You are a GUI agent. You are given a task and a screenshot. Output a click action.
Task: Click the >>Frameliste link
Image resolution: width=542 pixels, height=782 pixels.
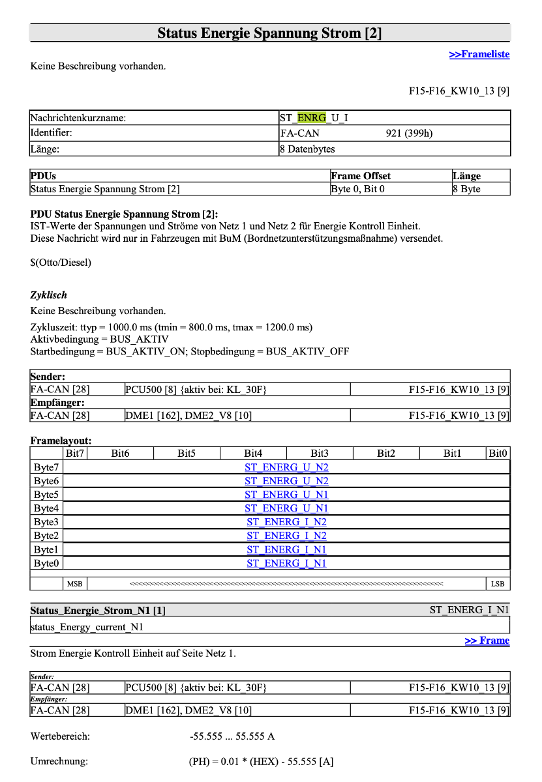pos(479,54)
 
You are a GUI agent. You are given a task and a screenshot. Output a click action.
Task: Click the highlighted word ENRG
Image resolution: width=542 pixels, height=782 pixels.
pos(311,118)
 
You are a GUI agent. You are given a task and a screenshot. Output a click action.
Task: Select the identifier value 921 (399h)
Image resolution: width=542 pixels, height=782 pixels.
pos(409,134)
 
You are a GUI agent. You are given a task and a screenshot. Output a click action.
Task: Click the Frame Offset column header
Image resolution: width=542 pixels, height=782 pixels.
pos(361,176)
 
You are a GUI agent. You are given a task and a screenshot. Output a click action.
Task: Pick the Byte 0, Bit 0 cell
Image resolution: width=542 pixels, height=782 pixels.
pos(357,189)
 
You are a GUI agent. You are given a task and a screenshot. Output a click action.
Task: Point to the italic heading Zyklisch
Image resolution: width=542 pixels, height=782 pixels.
pos(48,295)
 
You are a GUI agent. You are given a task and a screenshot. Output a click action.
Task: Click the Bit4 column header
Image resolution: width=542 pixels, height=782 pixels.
pos(253,453)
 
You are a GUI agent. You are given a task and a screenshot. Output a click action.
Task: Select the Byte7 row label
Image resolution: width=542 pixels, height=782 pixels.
pos(46,467)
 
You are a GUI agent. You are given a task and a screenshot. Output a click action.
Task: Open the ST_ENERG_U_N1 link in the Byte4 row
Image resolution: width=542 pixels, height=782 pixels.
pos(286,508)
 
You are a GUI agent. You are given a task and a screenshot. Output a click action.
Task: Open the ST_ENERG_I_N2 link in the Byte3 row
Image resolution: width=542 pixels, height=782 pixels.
pos(286,522)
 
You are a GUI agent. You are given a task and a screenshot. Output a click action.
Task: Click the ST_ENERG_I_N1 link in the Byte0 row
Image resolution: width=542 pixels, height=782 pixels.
pos(286,563)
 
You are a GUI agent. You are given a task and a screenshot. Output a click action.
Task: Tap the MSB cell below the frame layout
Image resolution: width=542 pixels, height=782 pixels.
pos(75,584)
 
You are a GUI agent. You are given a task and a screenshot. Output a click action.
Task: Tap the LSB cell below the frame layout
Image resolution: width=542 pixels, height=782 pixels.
pos(498,584)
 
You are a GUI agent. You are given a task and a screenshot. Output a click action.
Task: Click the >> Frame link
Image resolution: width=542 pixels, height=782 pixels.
pos(487,641)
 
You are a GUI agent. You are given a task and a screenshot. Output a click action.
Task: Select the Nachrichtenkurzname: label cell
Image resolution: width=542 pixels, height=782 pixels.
pos(78,118)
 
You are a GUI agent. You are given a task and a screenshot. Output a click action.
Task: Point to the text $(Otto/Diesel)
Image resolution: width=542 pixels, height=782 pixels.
pos(61,263)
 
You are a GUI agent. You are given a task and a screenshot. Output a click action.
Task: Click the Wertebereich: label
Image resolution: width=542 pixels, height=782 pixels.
pos(60,736)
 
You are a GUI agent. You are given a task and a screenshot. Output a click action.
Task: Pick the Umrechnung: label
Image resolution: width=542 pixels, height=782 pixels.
pos(59,761)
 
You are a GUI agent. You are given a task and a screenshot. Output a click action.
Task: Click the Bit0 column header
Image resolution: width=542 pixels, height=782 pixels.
pos(498,453)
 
